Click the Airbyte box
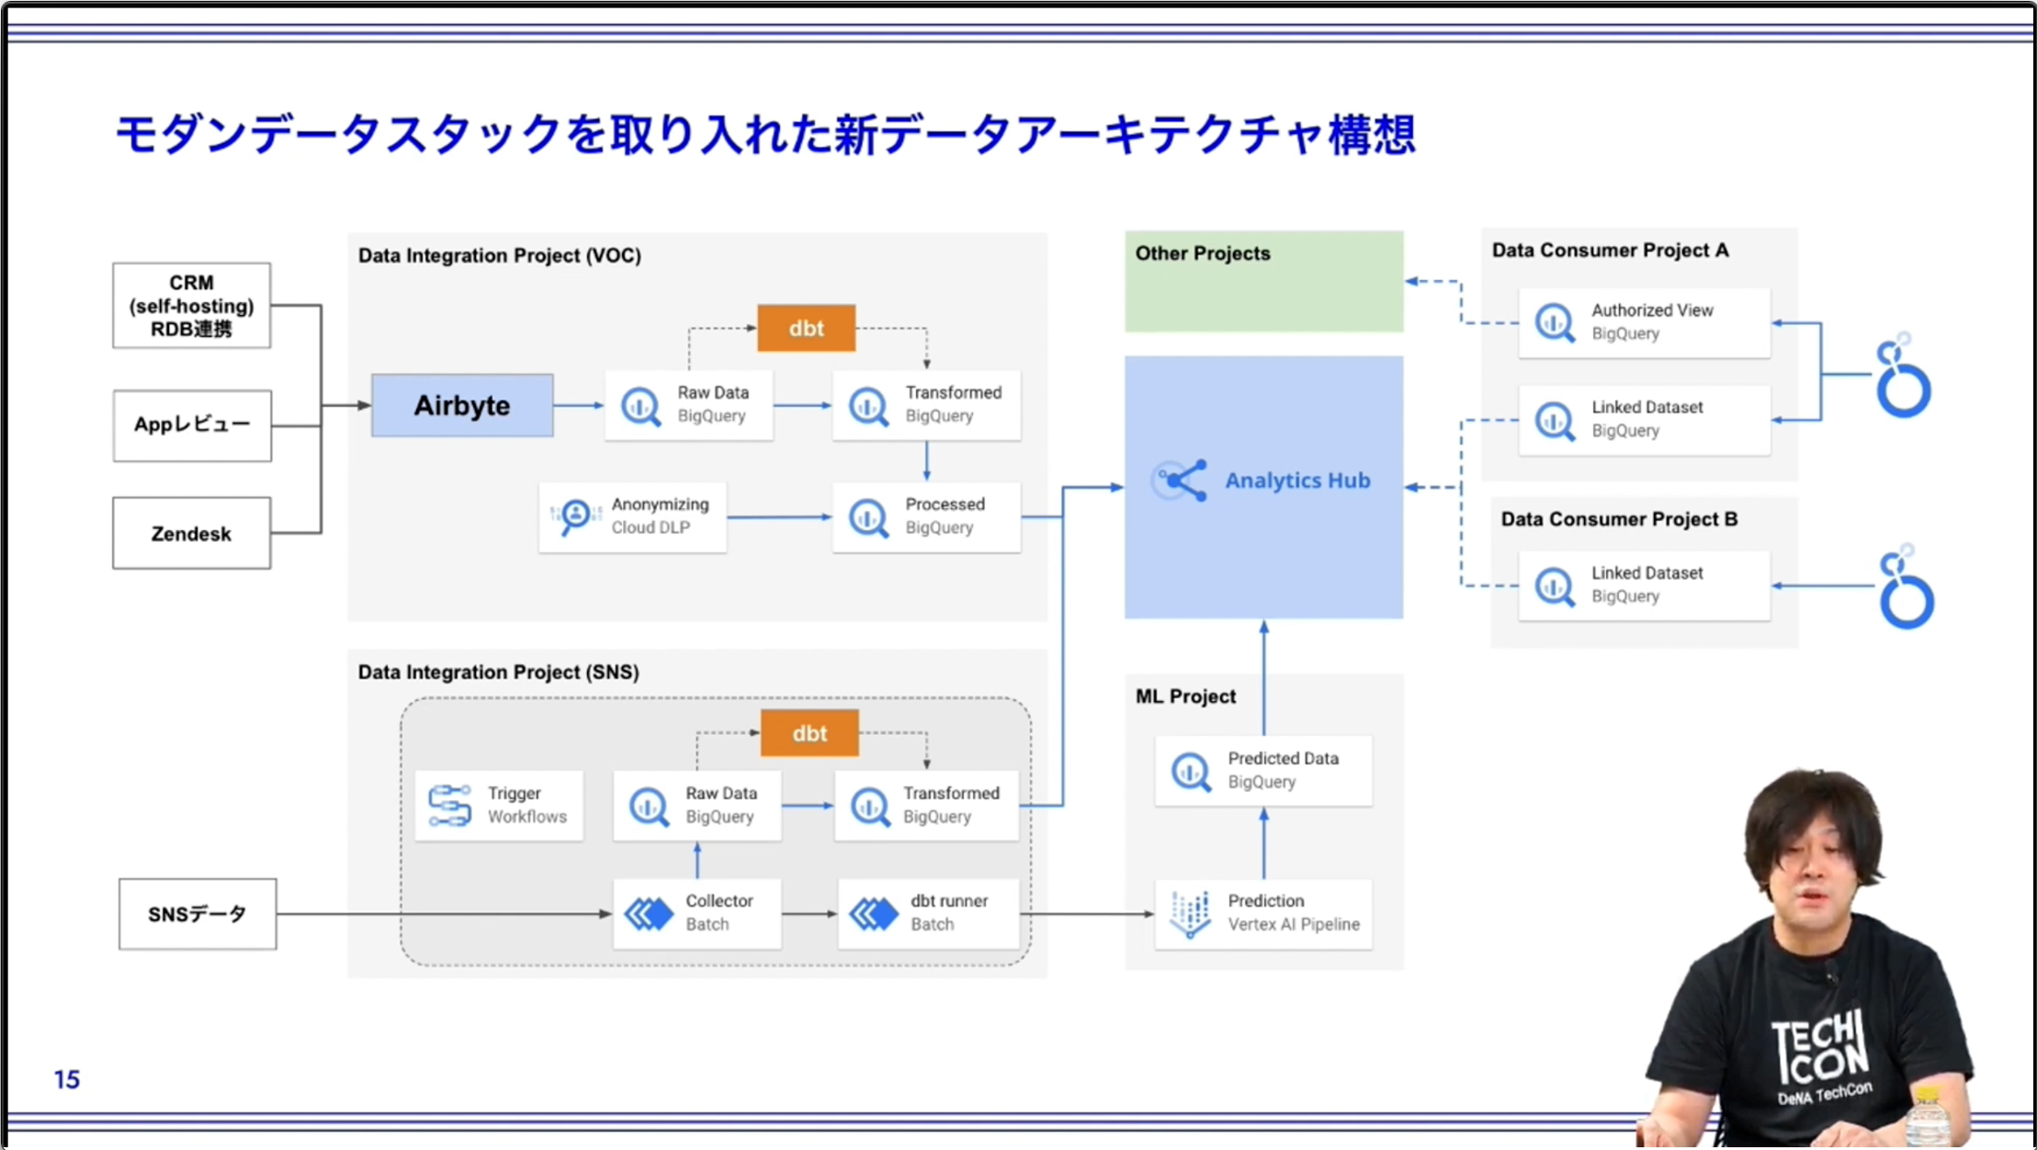point(462,405)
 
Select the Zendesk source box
point(191,534)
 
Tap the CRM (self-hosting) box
point(191,306)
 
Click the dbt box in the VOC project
point(806,328)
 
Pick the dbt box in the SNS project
point(809,733)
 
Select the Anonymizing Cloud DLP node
point(632,516)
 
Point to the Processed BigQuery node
point(926,516)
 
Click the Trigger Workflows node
point(498,805)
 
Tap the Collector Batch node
point(696,913)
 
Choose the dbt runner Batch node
point(928,913)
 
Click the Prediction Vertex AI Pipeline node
point(1263,913)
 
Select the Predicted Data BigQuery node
point(1263,770)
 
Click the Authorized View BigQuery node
point(1644,322)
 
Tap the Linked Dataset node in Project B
point(1644,585)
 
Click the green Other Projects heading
point(1203,254)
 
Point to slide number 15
point(66,1079)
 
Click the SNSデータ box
point(197,914)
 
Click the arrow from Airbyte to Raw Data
point(579,405)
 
